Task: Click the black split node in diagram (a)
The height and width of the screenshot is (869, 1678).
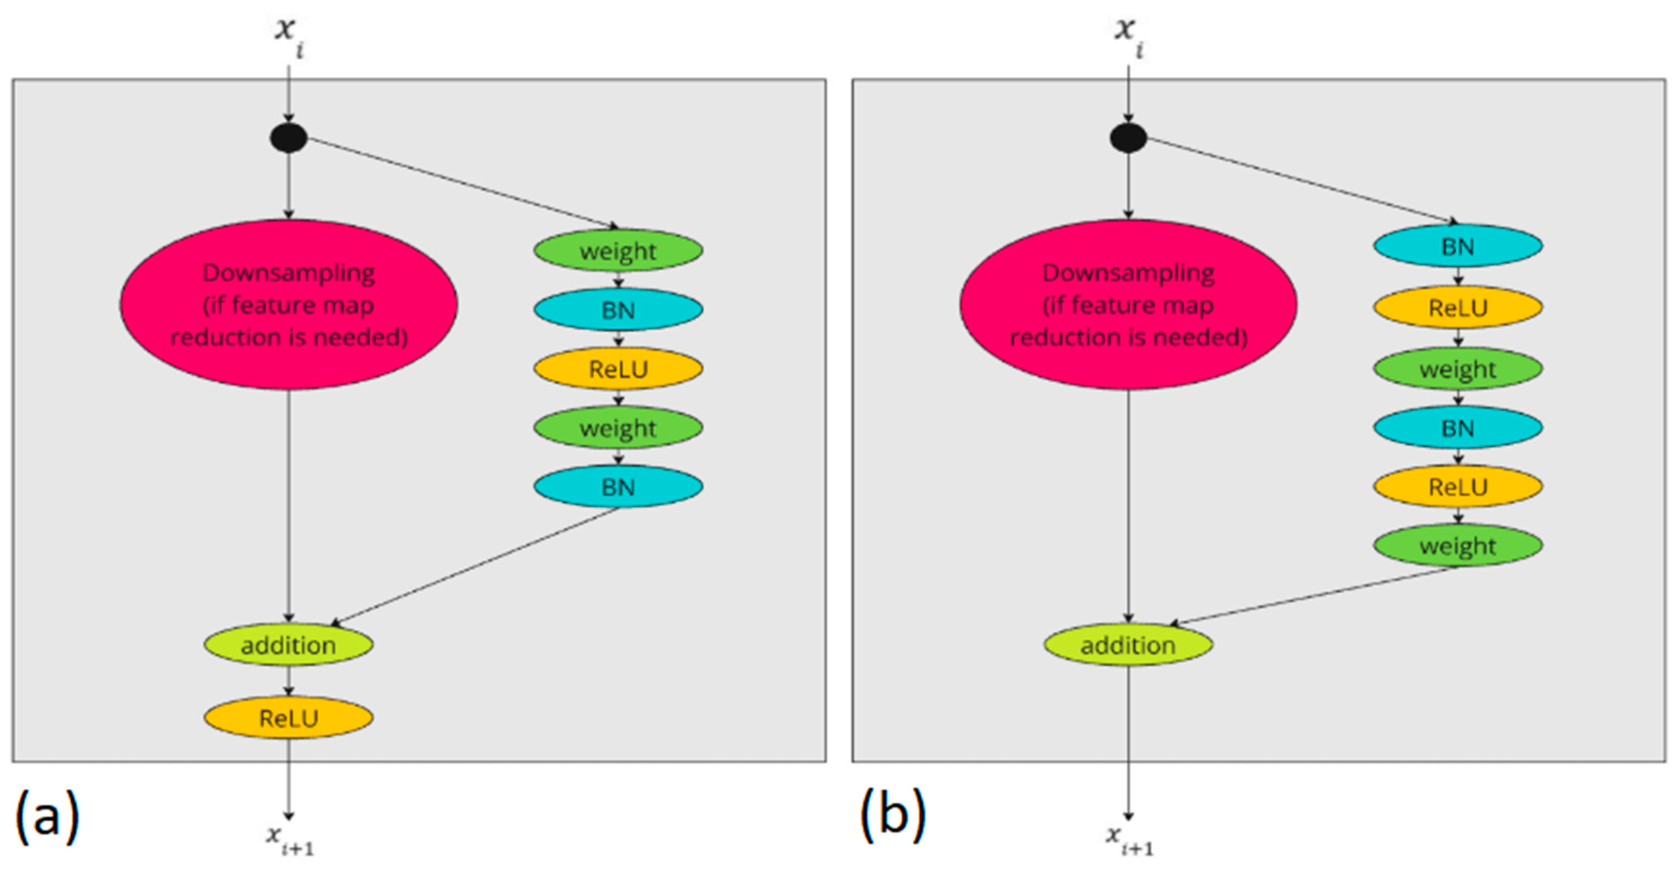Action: [x=288, y=138]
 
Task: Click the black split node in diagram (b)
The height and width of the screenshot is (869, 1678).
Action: [x=1128, y=138]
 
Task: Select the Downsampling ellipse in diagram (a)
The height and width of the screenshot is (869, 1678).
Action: [x=288, y=305]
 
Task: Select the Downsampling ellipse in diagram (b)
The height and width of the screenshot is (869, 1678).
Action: [x=1128, y=305]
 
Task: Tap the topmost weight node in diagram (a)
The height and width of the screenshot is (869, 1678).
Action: [x=618, y=251]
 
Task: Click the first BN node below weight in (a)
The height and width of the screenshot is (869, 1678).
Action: [x=618, y=310]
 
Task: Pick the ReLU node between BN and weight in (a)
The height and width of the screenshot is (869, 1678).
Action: [x=618, y=369]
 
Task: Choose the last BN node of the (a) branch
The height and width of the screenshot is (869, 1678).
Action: [x=618, y=487]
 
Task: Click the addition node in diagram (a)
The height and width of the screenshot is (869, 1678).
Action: [x=288, y=645]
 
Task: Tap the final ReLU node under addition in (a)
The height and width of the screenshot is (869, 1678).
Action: [x=288, y=718]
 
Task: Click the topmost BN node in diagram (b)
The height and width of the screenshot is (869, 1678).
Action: [x=1458, y=246]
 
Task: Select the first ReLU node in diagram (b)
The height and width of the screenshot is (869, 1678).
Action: [x=1458, y=307]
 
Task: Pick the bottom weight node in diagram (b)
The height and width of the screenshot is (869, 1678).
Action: [x=1458, y=546]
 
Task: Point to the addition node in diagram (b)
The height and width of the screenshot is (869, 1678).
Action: [x=1128, y=645]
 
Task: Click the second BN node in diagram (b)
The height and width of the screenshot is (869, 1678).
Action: [x=1458, y=428]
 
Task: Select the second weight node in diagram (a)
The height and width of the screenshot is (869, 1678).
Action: [x=618, y=428]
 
